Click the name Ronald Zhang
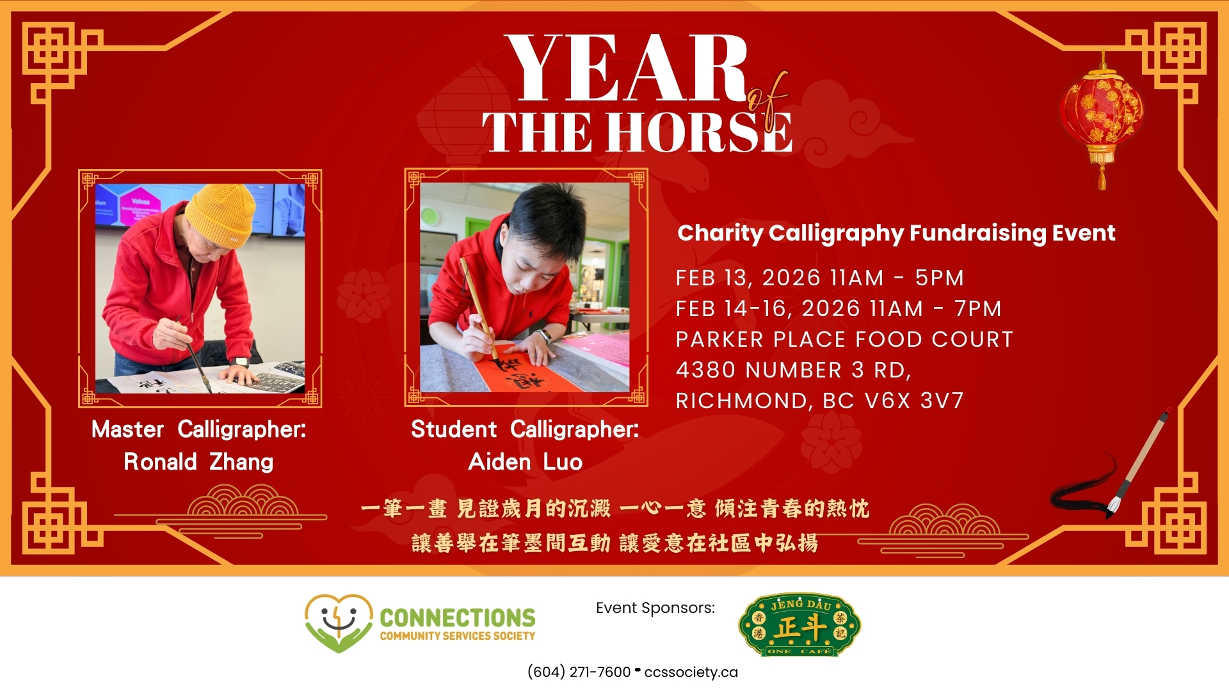[x=198, y=462]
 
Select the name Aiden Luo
[x=525, y=462]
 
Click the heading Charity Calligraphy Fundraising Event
[x=896, y=234]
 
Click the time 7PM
[x=977, y=308]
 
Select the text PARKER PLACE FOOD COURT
[x=844, y=339]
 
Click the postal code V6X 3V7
[x=914, y=401]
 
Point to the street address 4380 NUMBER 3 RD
[x=793, y=370]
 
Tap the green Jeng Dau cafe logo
[x=799, y=625]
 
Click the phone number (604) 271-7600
[x=579, y=672]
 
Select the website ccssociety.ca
[x=691, y=672]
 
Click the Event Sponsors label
[x=655, y=608]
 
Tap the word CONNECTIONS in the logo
[x=458, y=618]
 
